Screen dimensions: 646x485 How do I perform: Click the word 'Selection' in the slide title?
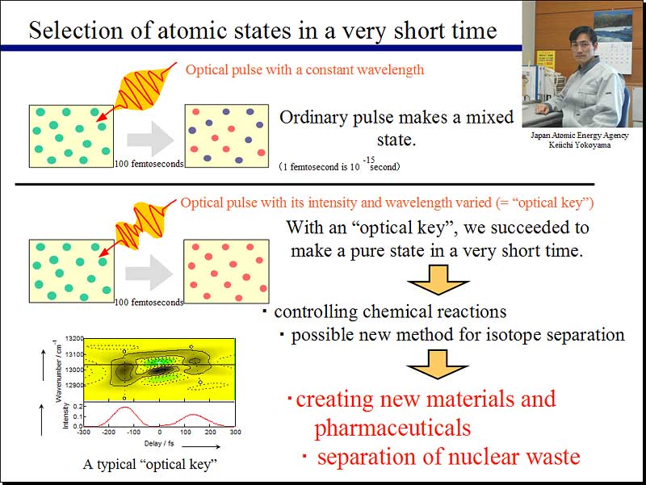click(76, 31)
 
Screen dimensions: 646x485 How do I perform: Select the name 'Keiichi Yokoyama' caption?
click(579, 145)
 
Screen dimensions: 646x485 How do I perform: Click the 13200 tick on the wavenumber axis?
click(74, 338)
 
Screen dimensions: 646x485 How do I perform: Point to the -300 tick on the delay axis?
click(84, 432)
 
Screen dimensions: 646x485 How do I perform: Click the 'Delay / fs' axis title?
click(159, 443)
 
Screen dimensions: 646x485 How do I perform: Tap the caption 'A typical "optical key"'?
click(150, 464)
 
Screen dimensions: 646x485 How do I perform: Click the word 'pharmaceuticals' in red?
click(392, 429)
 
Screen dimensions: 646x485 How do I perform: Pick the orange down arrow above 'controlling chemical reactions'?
click(438, 279)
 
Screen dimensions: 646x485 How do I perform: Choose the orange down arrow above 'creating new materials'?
click(438, 364)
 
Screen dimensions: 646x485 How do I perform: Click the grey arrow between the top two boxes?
click(150, 139)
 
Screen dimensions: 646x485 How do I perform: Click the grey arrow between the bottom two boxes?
click(149, 272)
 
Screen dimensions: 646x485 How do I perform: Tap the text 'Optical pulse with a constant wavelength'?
click(305, 69)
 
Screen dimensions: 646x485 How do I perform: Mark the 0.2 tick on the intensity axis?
click(78, 407)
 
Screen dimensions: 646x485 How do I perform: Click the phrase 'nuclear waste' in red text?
click(514, 457)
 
